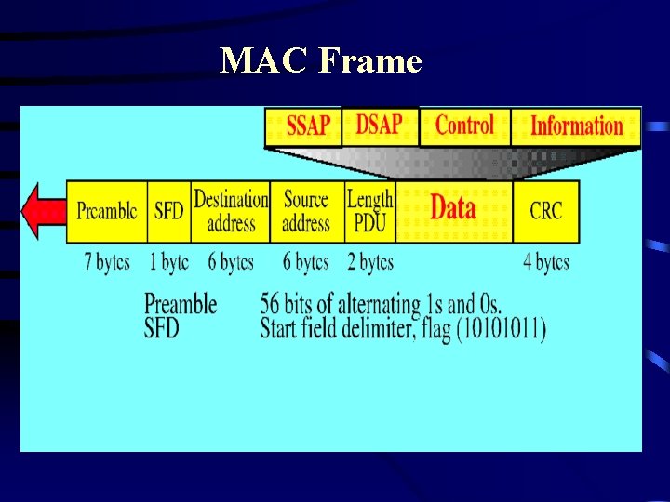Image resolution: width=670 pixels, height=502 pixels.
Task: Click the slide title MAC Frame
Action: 321,61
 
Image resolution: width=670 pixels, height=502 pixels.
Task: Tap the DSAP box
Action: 380,125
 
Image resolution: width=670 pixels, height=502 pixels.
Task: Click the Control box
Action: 464,125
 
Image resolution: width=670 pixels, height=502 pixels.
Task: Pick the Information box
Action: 576,126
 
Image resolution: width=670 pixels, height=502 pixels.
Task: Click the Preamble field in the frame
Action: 106,211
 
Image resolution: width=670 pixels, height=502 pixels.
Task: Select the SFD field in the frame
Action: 168,211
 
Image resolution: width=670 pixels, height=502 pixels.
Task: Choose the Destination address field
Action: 231,211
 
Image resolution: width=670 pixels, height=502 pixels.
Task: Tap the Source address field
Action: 306,211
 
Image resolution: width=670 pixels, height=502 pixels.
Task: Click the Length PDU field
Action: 370,211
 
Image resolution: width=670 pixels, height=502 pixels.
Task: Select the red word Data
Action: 453,208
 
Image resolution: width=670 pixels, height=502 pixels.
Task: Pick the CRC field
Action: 545,211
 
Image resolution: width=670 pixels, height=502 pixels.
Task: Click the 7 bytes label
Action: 106,262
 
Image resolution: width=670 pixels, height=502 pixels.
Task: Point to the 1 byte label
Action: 168,262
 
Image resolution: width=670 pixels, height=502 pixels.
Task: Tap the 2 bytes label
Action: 370,262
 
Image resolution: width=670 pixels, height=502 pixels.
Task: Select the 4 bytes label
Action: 545,262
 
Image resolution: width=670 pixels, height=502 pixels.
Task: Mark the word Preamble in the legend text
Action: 181,304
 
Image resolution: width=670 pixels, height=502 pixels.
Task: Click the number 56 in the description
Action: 271,304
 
